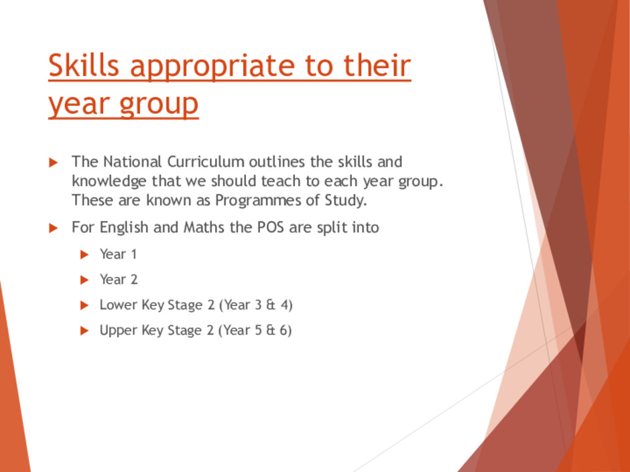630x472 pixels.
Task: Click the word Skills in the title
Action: pos(84,65)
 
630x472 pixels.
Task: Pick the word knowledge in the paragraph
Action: pos(109,181)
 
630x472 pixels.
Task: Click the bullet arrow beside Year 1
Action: pos(84,254)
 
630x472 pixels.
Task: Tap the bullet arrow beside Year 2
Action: pos(84,280)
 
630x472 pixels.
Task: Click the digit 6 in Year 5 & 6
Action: pos(283,330)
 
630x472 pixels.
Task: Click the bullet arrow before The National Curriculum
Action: pos(54,163)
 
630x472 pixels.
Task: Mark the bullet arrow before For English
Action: pos(54,228)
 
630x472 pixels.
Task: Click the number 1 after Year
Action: pos(134,254)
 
